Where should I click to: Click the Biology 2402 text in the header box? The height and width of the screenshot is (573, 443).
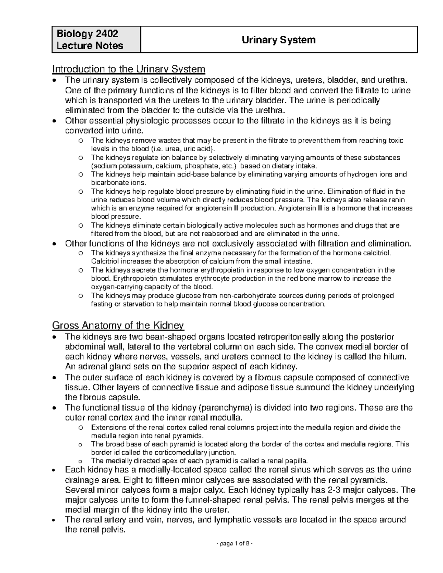[x=87, y=34]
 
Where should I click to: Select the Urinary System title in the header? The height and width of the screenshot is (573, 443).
[x=278, y=40]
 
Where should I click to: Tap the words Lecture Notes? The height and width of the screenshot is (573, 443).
[x=90, y=46]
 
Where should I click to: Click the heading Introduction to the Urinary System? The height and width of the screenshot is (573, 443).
[x=129, y=69]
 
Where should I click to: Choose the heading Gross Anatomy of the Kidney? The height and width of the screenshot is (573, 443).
[x=118, y=325]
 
